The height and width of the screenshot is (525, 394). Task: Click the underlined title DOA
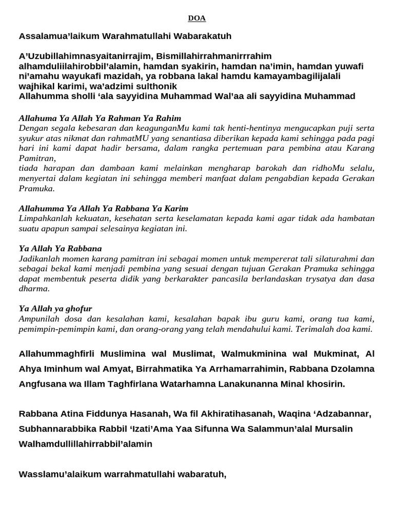(196, 18)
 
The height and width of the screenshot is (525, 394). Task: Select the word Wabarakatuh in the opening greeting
(204, 36)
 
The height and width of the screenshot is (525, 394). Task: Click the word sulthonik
(154, 86)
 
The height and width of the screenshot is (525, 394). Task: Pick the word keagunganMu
(167, 128)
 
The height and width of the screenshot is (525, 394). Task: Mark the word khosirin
(324, 383)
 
